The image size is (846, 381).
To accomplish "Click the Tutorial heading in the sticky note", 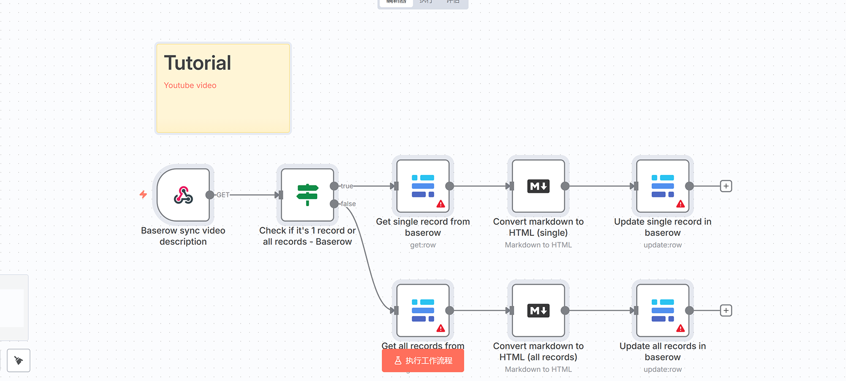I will tap(197, 63).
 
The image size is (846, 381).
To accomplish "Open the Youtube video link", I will tap(190, 86).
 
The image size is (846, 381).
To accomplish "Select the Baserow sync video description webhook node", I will tap(183, 195).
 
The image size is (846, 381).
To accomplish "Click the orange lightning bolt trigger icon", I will tap(144, 195).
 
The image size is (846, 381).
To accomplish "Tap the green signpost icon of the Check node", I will tap(307, 195).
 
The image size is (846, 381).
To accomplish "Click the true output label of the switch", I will tap(347, 186).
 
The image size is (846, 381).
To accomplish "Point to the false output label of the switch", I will tap(348, 204).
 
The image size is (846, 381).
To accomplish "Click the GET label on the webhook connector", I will tap(223, 195).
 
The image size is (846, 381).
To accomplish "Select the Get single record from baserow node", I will tap(423, 186).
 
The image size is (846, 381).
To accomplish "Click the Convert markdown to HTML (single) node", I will tap(538, 186).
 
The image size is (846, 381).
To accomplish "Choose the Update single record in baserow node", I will tap(663, 186).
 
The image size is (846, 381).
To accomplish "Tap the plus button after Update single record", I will tap(726, 186).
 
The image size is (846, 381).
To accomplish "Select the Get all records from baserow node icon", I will tap(423, 310).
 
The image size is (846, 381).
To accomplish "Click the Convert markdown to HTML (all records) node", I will tap(538, 310).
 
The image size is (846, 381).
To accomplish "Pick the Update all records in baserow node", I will tap(663, 310).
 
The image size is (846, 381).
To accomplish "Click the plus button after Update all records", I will tap(726, 310).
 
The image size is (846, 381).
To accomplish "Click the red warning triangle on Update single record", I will tap(680, 204).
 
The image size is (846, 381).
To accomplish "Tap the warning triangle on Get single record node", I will tap(441, 204).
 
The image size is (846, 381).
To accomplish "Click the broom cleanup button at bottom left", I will tap(19, 360).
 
